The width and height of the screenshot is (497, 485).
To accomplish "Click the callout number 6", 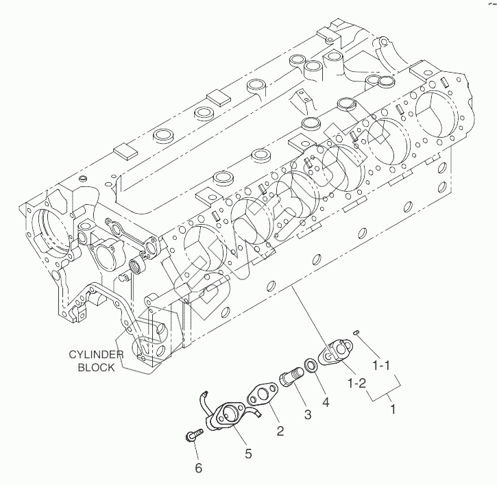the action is point(198,468).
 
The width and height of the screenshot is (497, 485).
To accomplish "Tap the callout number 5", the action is point(248,453).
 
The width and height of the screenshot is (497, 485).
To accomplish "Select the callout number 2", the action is point(280,431).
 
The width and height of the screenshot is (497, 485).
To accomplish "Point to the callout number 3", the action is point(308,414).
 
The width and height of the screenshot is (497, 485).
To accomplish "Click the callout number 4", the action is point(326,402).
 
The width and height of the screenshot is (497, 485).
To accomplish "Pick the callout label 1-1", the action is point(381,366).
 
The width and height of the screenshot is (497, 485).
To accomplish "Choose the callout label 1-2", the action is point(357,384).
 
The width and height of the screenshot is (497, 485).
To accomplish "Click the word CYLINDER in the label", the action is point(96,354).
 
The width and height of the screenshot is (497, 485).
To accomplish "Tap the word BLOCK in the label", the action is point(97,367).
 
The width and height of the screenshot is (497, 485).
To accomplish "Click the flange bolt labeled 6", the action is point(193,434).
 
